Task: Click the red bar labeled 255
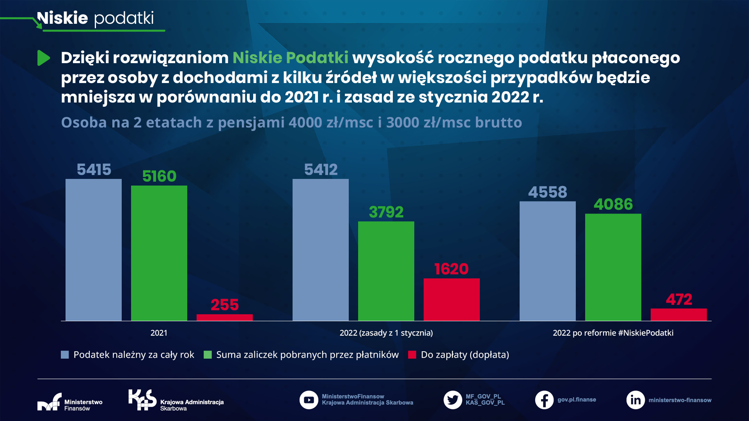[224, 317]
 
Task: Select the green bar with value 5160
[159, 253]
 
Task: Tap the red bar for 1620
[451, 299]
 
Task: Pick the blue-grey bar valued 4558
[547, 261]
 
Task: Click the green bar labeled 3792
[386, 271]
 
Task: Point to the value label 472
[679, 299]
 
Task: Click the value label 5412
[321, 170]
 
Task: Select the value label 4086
[613, 204]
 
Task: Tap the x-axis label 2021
[159, 333]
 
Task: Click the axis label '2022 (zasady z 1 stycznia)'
[386, 333]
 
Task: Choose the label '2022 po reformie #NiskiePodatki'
[613, 333]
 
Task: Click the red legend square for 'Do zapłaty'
[412, 355]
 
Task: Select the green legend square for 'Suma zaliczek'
[208, 355]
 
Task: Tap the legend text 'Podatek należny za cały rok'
[133, 355]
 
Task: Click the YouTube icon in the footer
[309, 400]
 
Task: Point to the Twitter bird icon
[453, 400]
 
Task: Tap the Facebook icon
[544, 400]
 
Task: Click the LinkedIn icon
[635, 400]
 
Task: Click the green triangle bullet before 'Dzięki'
[43, 58]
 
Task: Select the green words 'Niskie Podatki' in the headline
[290, 58]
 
